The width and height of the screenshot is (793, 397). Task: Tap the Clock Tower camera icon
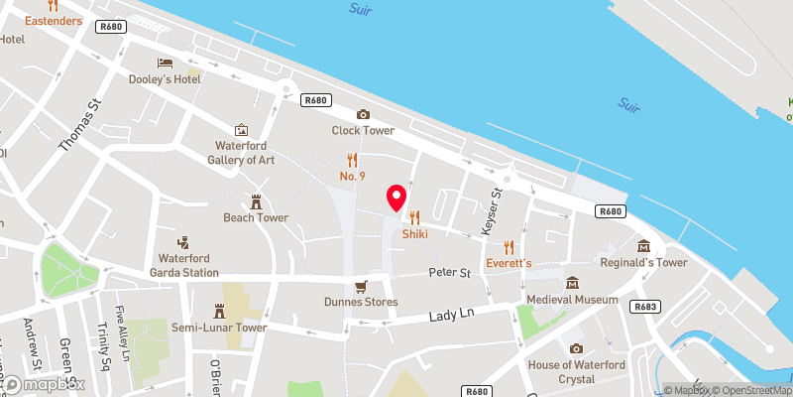pos(363,115)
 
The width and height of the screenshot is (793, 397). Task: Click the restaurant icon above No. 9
pos(351,159)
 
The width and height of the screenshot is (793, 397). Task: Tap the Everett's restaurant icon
pos(509,247)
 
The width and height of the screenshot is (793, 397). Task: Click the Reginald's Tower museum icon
pos(643,246)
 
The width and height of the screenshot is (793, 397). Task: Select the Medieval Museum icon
pos(571,283)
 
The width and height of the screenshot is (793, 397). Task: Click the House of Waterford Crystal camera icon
pos(576,348)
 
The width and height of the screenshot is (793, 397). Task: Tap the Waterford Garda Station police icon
pos(182,241)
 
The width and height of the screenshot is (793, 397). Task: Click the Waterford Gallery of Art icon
pos(241,130)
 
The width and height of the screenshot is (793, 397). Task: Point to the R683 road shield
pos(644,307)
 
